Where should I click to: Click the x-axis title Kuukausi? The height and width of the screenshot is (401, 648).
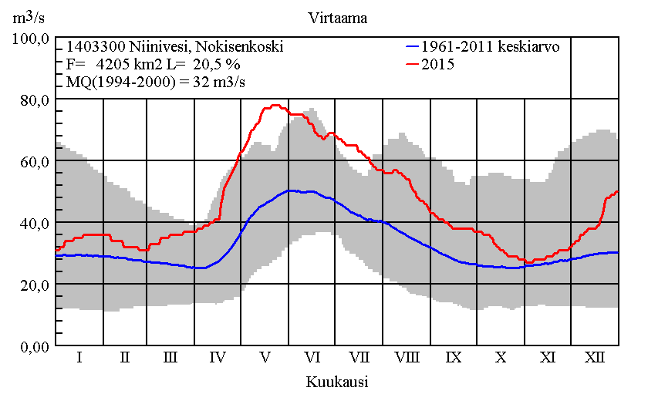click(336, 382)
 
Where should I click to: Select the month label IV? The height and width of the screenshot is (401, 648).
click(218, 358)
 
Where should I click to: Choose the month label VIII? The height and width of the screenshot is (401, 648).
click(407, 358)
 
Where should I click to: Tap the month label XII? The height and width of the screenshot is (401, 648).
click(594, 358)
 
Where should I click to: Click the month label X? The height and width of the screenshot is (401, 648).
click(501, 358)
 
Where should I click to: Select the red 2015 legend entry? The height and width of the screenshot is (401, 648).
click(437, 65)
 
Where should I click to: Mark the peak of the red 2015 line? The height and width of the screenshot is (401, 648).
click(274, 106)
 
